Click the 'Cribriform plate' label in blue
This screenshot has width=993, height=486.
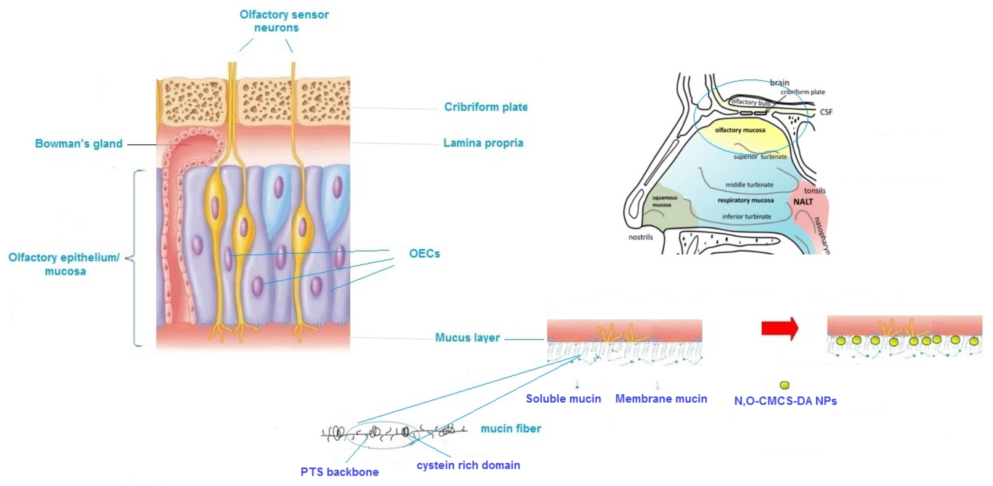tap(486, 107)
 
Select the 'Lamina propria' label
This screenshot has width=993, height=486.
tap(483, 143)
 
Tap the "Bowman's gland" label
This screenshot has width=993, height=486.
tap(79, 144)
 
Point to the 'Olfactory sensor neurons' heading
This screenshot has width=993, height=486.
tap(284, 21)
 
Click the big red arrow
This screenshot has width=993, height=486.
tap(779, 329)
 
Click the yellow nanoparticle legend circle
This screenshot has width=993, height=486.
tap(784, 385)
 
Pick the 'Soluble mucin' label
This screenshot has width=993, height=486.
tap(563, 398)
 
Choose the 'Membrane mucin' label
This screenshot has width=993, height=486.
tap(661, 398)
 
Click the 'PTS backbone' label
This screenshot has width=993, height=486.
tap(340, 472)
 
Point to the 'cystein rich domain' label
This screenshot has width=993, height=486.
tap(468, 465)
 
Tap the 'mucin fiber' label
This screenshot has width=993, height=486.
tap(511, 428)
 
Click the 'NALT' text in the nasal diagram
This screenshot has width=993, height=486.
tap(803, 202)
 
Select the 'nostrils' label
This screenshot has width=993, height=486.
tap(641, 237)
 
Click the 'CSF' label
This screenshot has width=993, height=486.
tap(826, 112)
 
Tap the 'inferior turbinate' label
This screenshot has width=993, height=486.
tap(747, 216)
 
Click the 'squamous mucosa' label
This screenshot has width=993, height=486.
tap(664, 201)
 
